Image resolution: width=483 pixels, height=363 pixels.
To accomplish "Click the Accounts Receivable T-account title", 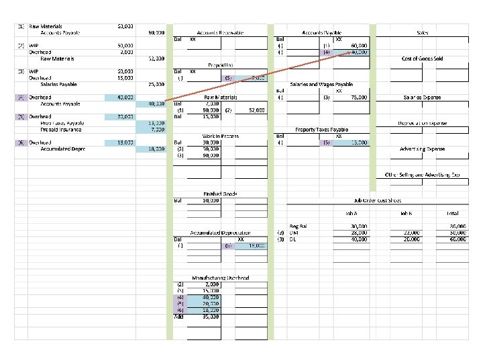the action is click(x=220, y=32).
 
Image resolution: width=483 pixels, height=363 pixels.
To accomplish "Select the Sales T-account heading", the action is click(x=423, y=32).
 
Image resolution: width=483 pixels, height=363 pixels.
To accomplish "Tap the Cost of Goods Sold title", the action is click(x=422, y=58).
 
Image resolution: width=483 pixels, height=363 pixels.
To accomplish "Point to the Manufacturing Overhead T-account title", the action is click(x=221, y=278).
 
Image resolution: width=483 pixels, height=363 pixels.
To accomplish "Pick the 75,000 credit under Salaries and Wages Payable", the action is click(x=356, y=97).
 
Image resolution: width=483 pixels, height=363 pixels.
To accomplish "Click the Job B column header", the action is click(x=406, y=213).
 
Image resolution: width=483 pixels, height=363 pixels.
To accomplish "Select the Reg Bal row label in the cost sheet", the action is click(x=298, y=226).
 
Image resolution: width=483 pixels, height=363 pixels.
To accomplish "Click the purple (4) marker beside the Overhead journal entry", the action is click(x=21, y=97).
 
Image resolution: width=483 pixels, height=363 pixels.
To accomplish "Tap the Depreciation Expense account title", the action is click(x=422, y=123).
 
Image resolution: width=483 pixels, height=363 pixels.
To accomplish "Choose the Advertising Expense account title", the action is click(x=422, y=149).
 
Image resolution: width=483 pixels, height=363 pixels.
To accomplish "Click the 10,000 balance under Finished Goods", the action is click(x=211, y=200).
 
